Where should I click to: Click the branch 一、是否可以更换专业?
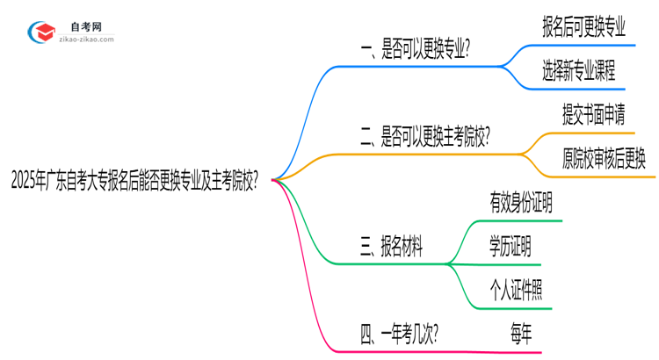click(416, 52)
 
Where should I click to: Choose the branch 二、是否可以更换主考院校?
click(425, 136)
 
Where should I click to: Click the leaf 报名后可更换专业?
click(584, 27)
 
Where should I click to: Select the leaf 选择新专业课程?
click(579, 72)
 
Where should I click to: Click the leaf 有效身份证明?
click(521, 205)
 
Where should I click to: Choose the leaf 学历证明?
click(510, 248)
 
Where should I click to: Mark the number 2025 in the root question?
click(26, 179)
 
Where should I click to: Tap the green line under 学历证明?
click(510, 264)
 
